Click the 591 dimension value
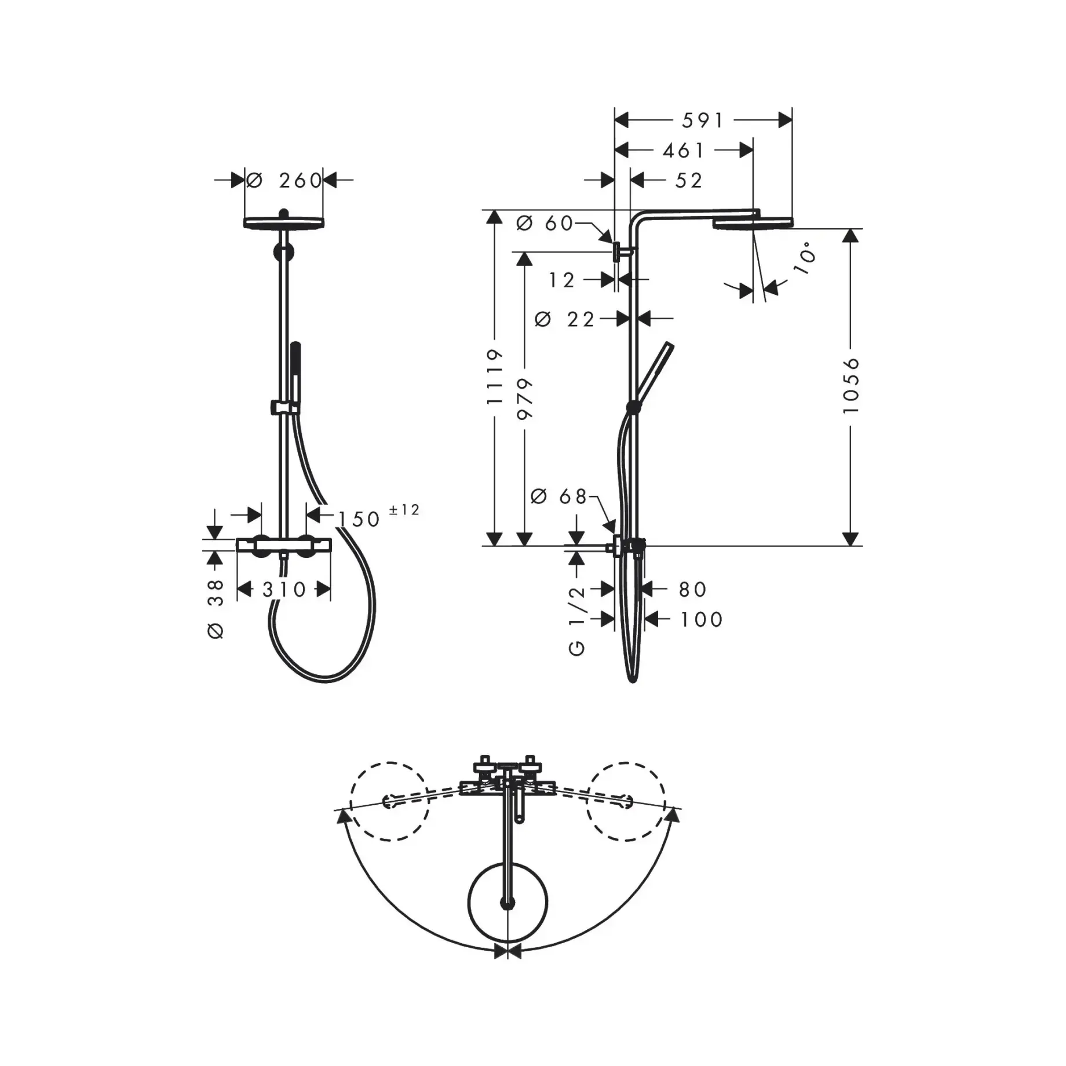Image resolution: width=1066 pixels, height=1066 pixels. point(703,121)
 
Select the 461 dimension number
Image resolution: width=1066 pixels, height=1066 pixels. point(684,151)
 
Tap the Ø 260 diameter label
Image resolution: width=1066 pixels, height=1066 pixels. point(284,180)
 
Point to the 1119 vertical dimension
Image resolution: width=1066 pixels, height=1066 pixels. point(494,377)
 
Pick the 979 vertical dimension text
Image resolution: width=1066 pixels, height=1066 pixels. point(524,399)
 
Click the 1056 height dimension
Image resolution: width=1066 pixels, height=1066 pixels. point(850,385)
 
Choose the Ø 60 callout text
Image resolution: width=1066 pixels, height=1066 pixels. point(545,223)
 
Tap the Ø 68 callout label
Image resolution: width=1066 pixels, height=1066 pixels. point(559,496)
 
